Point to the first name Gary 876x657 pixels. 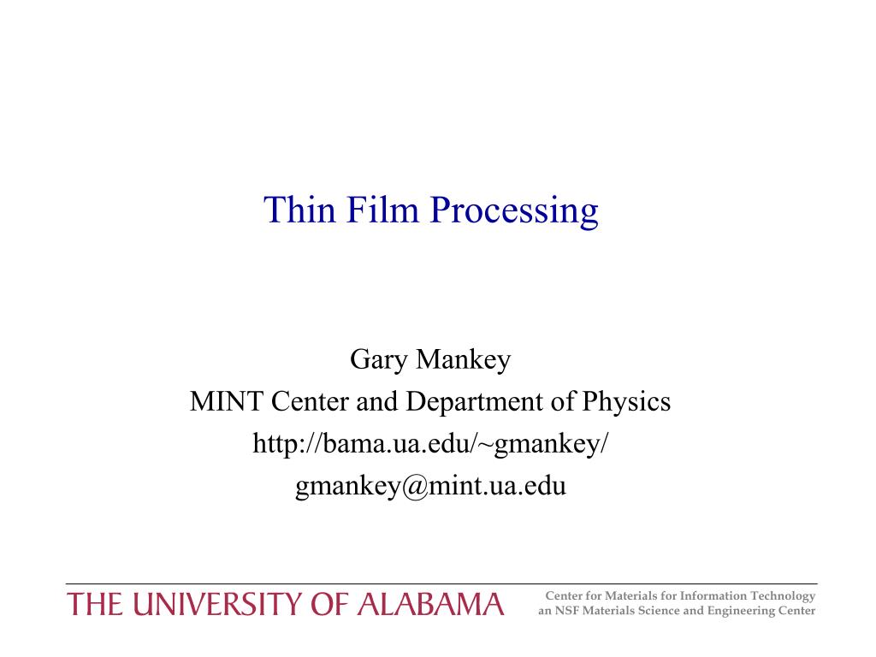(378, 360)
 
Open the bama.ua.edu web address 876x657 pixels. (430, 444)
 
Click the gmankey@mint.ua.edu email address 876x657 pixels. (430, 486)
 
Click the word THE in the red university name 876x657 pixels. (93, 605)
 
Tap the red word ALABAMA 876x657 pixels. (429, 605)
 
